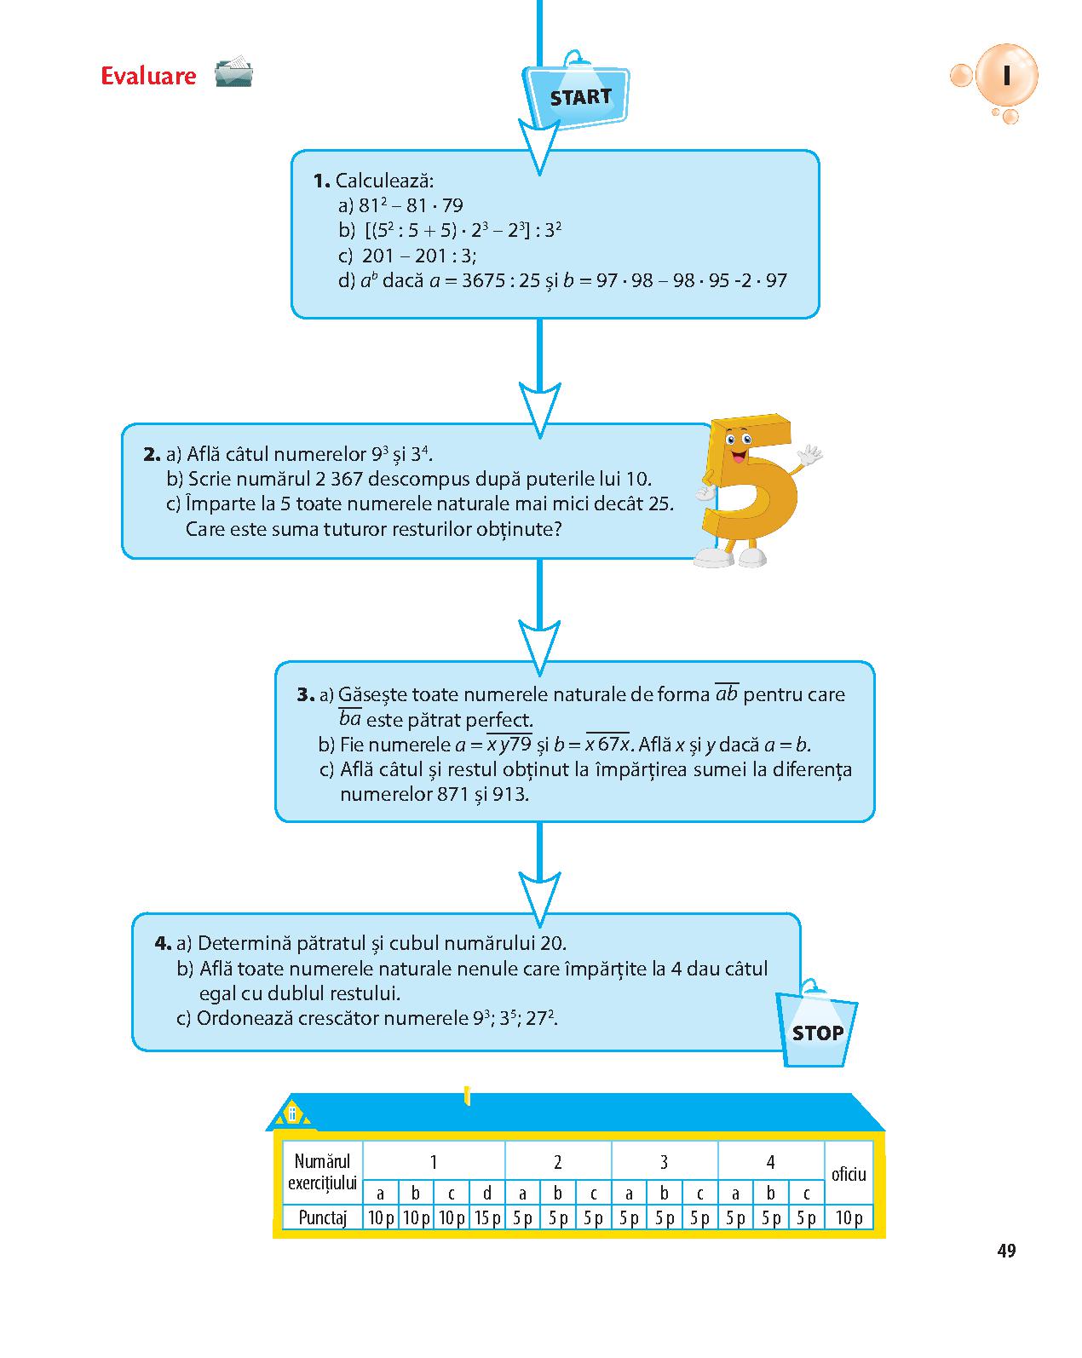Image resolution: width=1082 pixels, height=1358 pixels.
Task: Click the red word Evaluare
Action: point(148,76)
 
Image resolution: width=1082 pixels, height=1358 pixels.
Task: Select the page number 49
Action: point(1006,1250)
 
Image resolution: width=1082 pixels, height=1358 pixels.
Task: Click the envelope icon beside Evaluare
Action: point(233,72)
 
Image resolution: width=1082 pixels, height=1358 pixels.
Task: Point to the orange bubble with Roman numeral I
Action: point(1005,76)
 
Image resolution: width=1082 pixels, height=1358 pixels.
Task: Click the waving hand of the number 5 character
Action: point(809,453)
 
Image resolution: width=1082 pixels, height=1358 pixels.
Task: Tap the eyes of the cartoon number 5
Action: point(738,438)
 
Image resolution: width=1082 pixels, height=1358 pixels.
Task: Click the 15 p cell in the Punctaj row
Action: point(486,1217)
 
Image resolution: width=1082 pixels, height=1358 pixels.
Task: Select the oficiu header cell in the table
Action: point(849,1173)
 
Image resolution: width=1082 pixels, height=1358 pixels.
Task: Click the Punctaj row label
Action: point(322,1217)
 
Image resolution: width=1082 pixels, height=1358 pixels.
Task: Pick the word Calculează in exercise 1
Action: point(384,181)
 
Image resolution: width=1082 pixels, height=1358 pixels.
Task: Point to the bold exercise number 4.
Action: point(162,943)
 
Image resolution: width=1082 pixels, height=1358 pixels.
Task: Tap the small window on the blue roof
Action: point(292,1113)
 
